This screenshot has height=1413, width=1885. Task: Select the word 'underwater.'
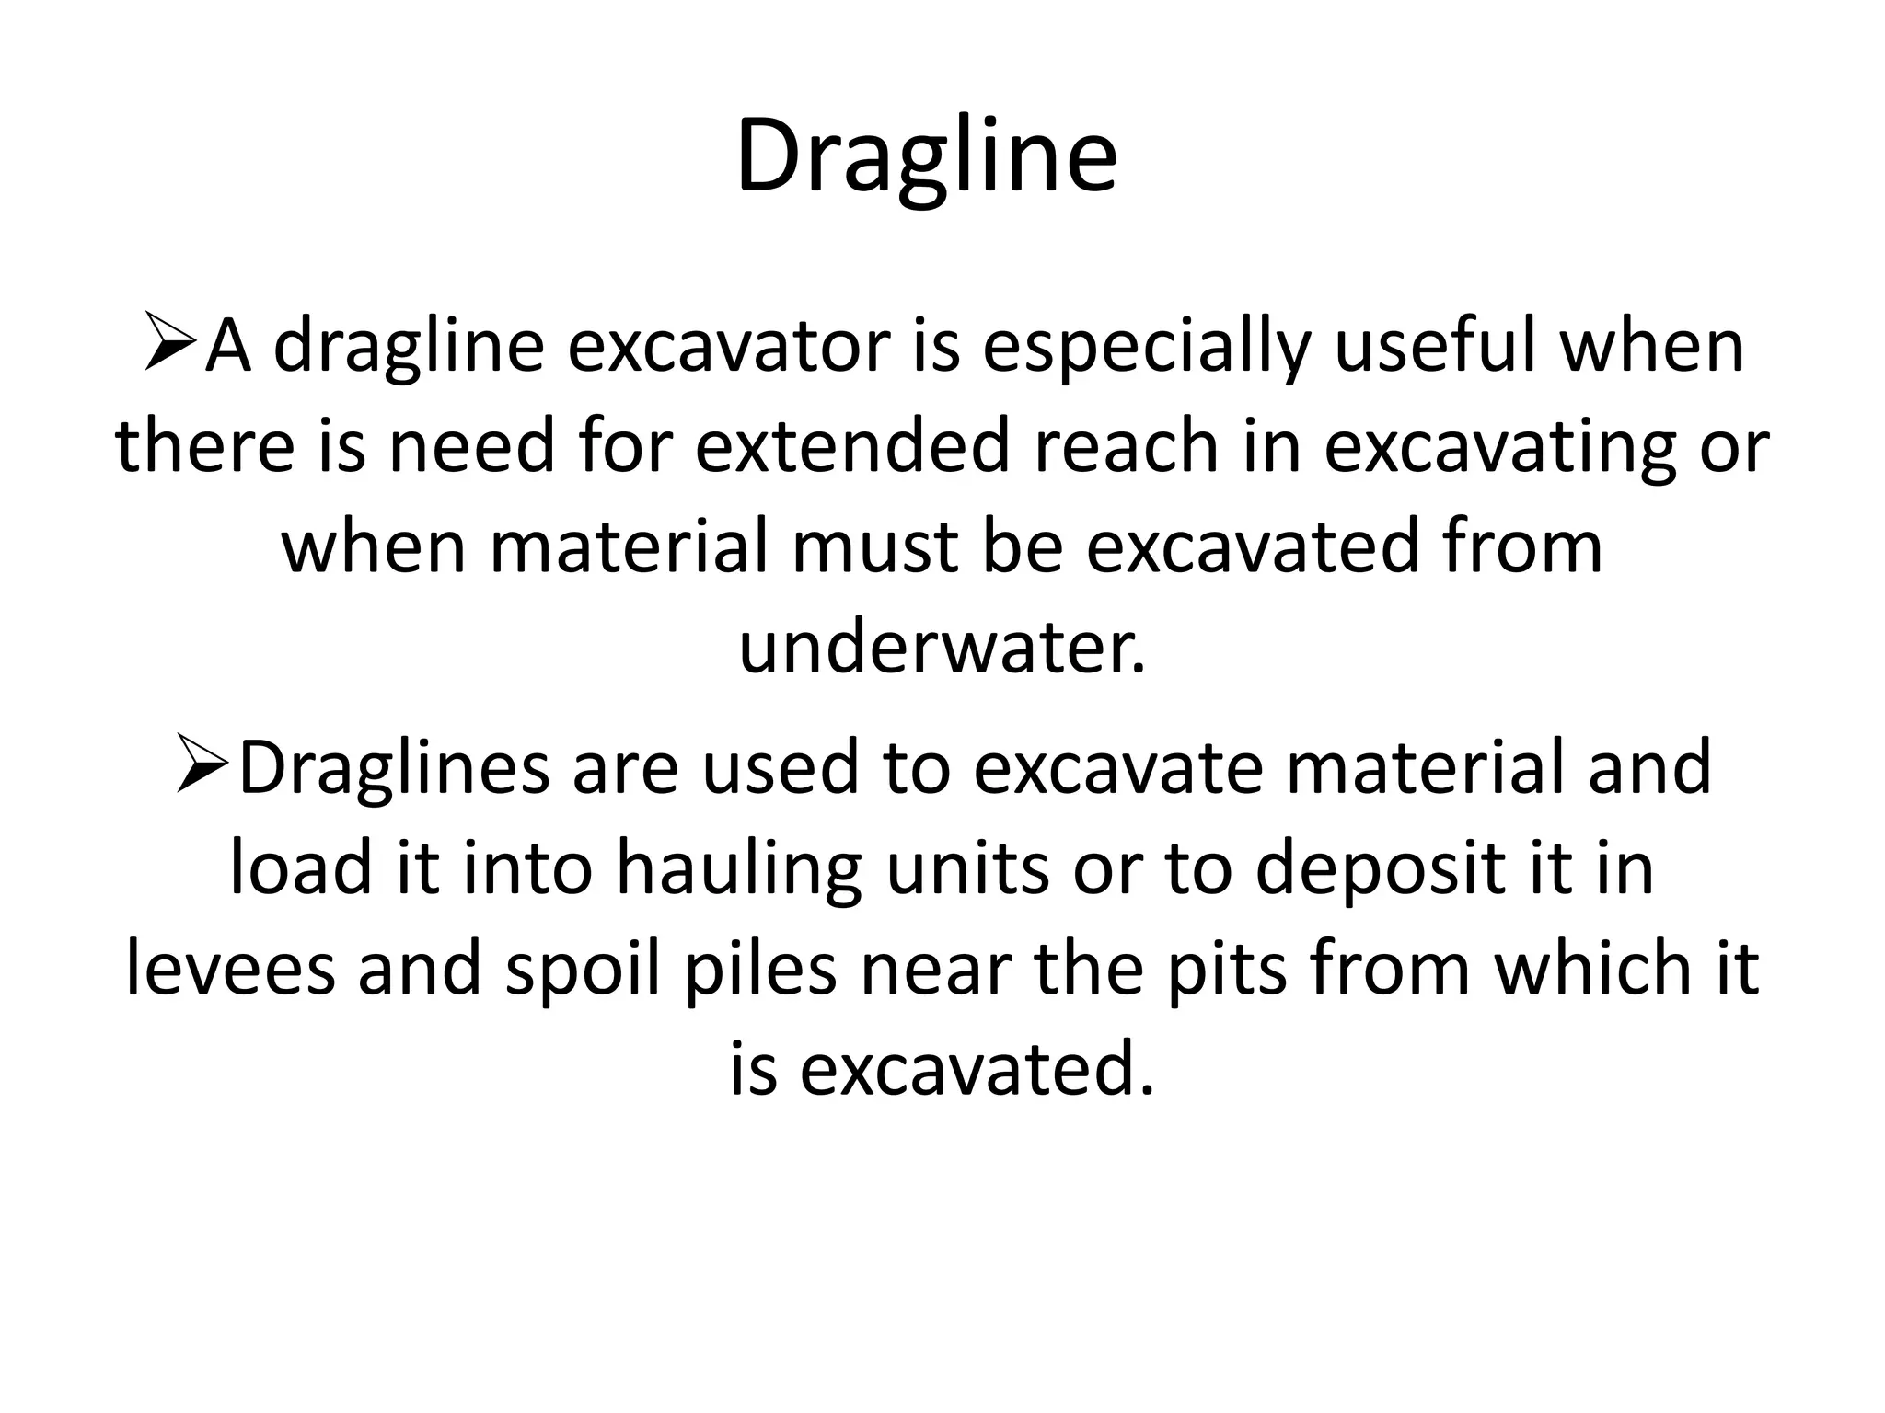point(942,647)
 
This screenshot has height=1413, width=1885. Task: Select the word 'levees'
point(230,970)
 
